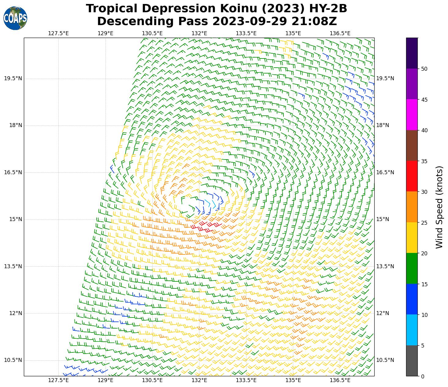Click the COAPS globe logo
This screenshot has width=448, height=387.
tap(15, 18)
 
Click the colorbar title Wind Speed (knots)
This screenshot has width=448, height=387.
tap(439, 207)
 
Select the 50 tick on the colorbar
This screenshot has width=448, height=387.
tap(424, 69)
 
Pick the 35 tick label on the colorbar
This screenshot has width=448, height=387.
tap(424, 161)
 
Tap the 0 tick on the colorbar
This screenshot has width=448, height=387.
tap(423, 376)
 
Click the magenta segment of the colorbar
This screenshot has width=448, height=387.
tap(412, 115)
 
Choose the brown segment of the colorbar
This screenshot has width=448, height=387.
tap(412, 145)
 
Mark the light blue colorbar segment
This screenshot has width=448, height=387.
tap(412, 330)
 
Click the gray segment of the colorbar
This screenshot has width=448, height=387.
tap(412, 361)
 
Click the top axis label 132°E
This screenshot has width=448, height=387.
tap(199, 33)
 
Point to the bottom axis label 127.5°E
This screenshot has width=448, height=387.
tap(58, 381)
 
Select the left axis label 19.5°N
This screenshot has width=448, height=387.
tap(13, 79)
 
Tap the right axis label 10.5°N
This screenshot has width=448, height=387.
tap(385, 360)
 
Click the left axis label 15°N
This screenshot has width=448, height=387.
tap(15, 220)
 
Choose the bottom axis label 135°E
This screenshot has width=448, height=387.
tap(293, 381)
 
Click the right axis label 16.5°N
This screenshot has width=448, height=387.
tap(385, 172)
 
